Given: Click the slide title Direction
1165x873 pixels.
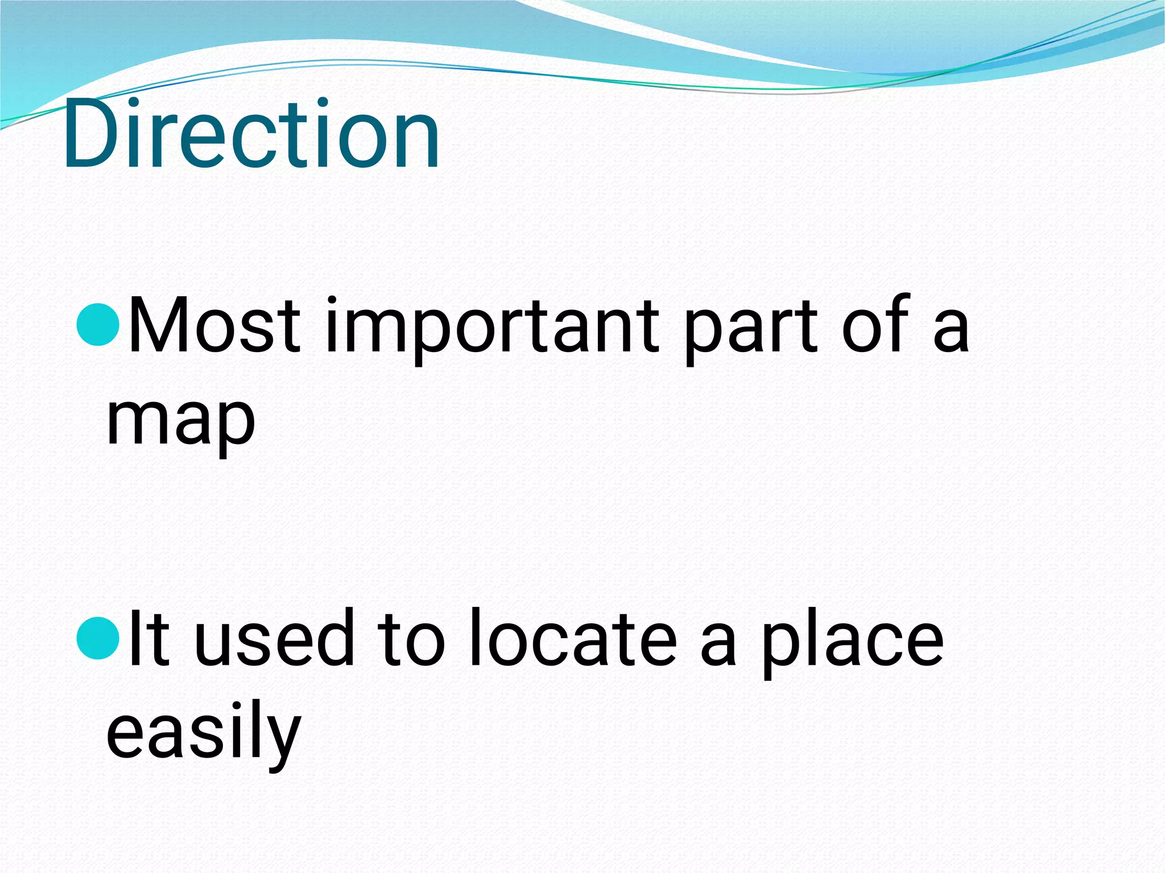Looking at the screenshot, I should click(x=251, y=135).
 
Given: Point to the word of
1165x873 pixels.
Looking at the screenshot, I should click(x=877, y=325).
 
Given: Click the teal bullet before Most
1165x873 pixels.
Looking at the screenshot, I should click(x=97, y=325).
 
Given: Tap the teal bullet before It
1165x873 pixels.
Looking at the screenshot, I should click(x=97, y=638).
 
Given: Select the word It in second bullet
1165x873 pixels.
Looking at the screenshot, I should click(x=148, y=638).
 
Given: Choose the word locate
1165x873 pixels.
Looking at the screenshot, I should click(x=573, y=638).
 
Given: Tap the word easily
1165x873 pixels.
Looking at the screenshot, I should click(x=203, y=734).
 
